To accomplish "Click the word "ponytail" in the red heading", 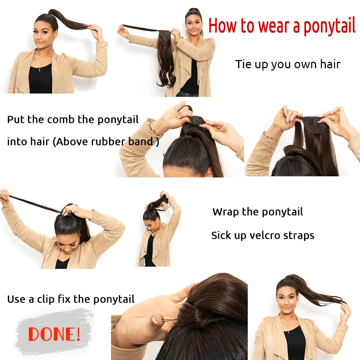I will [x=329, y=26].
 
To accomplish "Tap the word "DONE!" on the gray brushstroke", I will [x=54, y=333].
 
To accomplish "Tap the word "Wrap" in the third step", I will [x=226, y=211].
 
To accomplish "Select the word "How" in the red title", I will [x=223, y=26].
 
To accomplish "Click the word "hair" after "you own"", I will [x=330, y=64].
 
